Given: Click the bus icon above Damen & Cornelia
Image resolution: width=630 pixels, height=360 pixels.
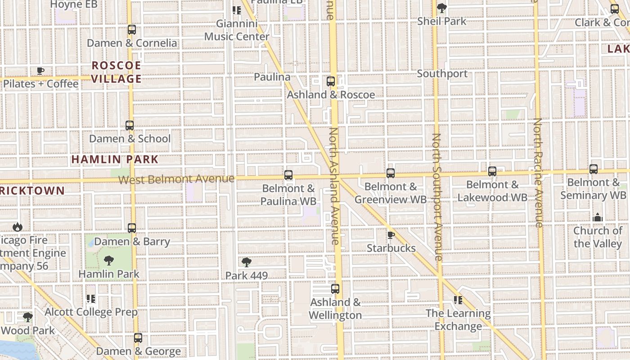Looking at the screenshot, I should [x=131, y=30].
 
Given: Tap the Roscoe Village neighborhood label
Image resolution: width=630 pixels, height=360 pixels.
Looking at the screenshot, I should [x=117, y=72].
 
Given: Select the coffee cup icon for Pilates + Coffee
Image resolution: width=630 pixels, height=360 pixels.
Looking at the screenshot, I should [x=40, y=71].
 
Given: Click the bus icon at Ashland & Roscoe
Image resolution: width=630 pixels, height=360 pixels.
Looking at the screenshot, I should [x=331, y=81].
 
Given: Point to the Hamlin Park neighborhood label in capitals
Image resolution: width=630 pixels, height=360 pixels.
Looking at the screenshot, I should [x=115, y=159].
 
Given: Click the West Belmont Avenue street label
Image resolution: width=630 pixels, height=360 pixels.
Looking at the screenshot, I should [x=176, y=179].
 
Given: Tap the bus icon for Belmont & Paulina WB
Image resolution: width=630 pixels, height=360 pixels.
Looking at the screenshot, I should [x=288, y=175].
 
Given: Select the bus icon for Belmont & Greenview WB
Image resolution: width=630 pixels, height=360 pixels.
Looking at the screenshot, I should [x=391, y=173].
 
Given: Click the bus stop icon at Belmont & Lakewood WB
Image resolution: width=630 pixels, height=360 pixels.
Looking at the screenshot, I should [x=492, y=171].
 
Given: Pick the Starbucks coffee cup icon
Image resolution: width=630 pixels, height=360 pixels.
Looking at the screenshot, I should [x=391, y=235].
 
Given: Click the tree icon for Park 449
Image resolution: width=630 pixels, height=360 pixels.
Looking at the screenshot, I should [x=246, y=262].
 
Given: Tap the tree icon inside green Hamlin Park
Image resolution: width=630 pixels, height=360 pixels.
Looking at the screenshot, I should [x=108, y=260].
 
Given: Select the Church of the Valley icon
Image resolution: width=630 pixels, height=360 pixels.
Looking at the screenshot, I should [x=598, y=218].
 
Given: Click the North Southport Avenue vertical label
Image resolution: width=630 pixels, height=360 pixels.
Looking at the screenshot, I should [x=436, y=197].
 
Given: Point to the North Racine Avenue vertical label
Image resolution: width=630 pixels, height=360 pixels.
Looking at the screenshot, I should [x=538, y=172].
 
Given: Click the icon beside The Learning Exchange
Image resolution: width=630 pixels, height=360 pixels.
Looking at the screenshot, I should [x=458, y=300].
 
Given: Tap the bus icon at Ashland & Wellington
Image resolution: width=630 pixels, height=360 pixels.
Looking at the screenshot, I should [x=335, y=289].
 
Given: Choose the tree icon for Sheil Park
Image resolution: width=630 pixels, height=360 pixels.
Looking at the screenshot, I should [x=442, y=8].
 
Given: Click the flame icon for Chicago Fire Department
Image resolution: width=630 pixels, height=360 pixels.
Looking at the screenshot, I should [x=18, y=227].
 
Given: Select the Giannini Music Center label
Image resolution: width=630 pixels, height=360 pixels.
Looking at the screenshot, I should [x=237, y=30].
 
